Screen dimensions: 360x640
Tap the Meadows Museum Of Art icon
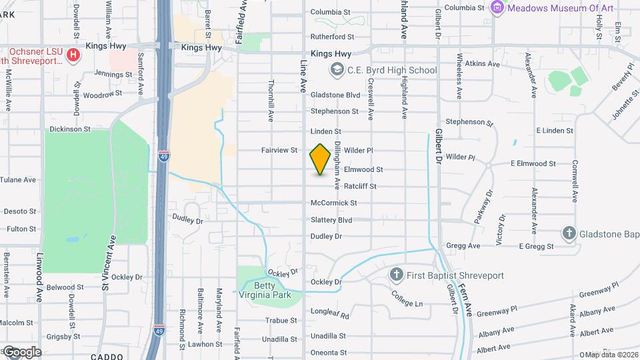tap(497, 8)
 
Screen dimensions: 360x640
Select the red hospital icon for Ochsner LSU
tap(74, 54)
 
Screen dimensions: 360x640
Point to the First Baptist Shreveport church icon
tap(397, 275)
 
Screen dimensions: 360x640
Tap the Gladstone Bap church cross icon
tap(569, 233)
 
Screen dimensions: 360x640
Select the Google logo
tap(21, 351)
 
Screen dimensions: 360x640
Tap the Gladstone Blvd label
tap(335, 95)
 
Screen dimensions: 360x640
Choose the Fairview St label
tap(279, 151)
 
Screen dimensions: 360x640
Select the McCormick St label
tap(334, 203)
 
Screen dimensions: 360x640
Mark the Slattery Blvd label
tap(331, 220)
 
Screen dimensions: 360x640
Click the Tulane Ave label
tap(20, 180)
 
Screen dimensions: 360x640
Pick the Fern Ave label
tap(469, 299)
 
